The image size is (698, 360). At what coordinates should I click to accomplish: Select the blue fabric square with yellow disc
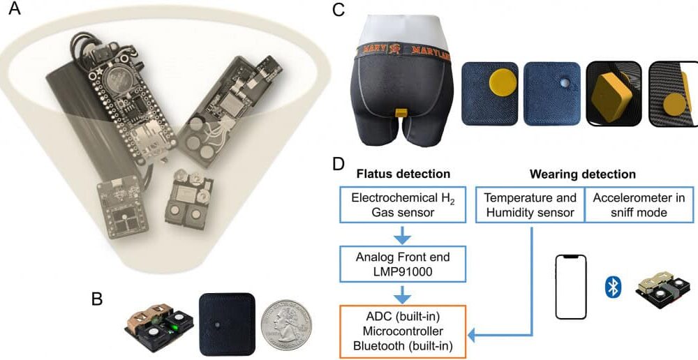(x=489, y=93)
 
